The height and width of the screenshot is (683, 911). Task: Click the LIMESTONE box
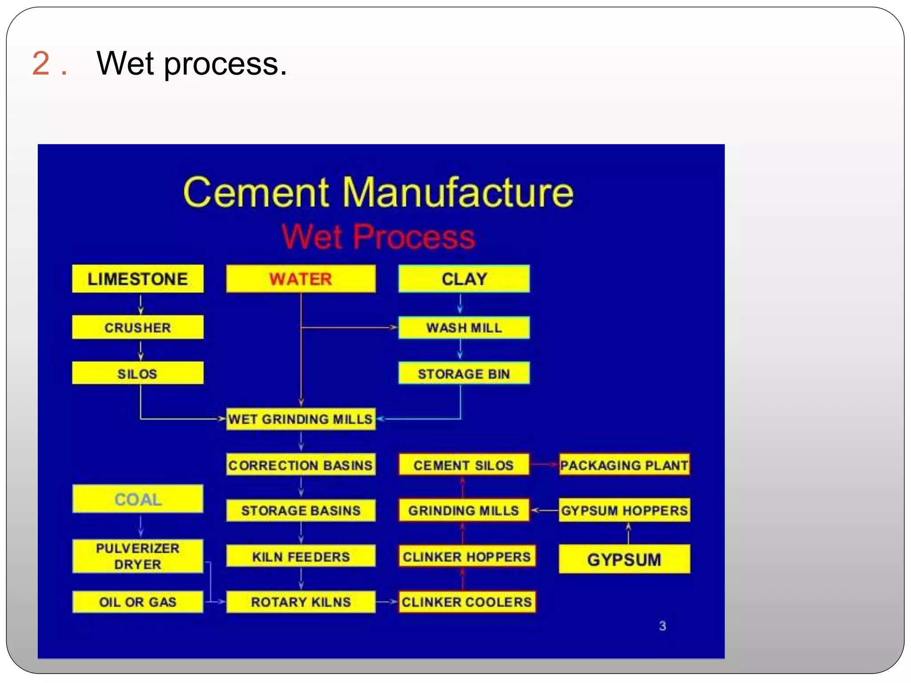[x=137, y=279]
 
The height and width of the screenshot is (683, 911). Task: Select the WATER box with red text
[x=301, y=279]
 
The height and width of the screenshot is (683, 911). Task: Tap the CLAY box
[x=464, y=279]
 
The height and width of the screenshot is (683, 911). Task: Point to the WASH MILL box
[x=464, y=328]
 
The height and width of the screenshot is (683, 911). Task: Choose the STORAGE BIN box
[x=464, y=374]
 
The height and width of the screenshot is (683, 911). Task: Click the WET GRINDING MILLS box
[x=301, y=419]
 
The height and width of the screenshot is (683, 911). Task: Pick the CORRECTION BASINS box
[x=301, y=465]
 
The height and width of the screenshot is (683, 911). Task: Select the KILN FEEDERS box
[x=301, y=556]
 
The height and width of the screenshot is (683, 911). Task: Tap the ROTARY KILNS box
[x=301, y=602]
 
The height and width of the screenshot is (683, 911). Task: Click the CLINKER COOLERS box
[x=467, y=602]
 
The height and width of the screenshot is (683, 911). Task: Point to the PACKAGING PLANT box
[x=624, y=465]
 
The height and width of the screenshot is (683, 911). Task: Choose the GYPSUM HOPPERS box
[x=624, y=510]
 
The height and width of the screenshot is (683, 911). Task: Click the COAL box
[x=137, y=499]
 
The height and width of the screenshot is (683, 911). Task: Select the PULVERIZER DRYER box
[x=137, y=556]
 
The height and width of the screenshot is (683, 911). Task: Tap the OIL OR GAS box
[x=137, y=602]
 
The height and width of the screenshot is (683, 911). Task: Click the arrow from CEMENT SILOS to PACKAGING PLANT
[x=544, y=465]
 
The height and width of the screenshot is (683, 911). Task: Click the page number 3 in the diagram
[x=662, y=626]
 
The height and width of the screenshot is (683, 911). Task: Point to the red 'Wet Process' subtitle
[x=379, y=237]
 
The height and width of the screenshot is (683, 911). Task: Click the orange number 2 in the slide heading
[x=41, y=63]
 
